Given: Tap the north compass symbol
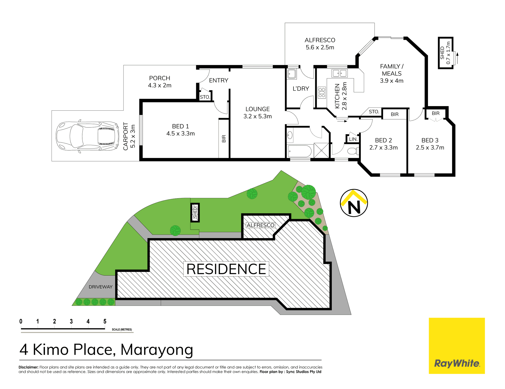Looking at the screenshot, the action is pyautogui.click(x=354, y=203).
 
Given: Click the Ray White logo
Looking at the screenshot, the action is pyautogui.click(x=457, y=346).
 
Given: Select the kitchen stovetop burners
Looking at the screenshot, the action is pyautogui.click(x=322, y=93).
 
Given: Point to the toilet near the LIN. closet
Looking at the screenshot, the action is pyautogui.click(x=352, y=151).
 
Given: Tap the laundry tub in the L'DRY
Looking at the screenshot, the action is pyautogui.click(x=292, y=74).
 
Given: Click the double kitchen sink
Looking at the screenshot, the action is pyautogui.click(x=340, y=73).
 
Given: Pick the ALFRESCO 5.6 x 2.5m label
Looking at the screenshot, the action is pyautogui.click(x=320, y=44).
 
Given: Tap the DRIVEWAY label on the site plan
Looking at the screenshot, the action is pyautogui.click(x=100, y=287).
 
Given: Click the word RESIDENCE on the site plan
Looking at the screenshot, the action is pyautogui.click(x=226, y=269).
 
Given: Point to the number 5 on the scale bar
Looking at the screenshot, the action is pyautogui.click(x=105, y=321).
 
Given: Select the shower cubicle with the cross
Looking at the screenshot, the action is pyautogui.click(x=321, y=150).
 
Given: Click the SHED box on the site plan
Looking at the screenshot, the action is pyautogui.click(x=195, y=213).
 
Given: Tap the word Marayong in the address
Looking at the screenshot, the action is pyautogui.click(x=157, y=350).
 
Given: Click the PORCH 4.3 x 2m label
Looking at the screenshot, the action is pyautogui.click(x=160, y=82).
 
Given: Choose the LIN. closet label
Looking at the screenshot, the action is pyautogui.click(x=353, y=139).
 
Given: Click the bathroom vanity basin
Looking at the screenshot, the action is pyautogui.click(x=290, y=136).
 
